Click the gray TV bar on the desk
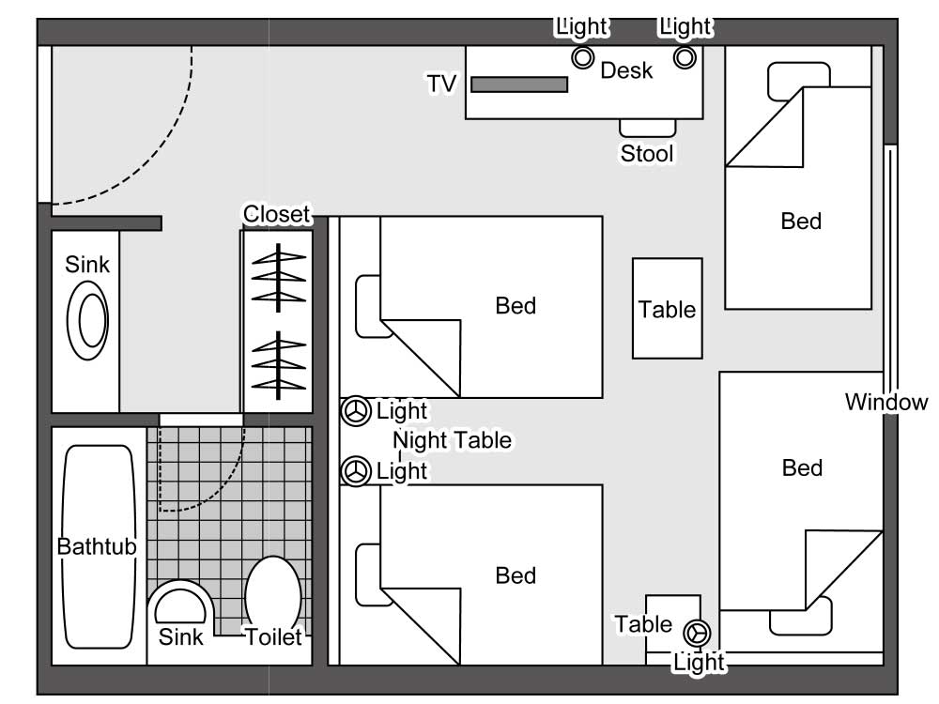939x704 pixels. (x=519, y=84)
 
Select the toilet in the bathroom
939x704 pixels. (x=272, y=593)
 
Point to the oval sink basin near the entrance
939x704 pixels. (x=92, y=320)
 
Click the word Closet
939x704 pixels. (x=275, y=214)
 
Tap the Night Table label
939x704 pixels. (x=453, y=439)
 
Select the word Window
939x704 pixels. (x=885, y=403)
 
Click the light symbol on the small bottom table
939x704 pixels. (x=697, y=632)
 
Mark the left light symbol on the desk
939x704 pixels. (x=583, y=58)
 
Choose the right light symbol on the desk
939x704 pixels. (x=685, y=58)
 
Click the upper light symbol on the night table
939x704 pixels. (x=355, y=411)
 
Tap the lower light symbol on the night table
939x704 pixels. (x=355, y=471)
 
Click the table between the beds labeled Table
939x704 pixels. (x=667, y=309)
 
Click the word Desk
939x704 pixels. (x=626, y=70)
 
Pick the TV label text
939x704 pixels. (x=441, y=84)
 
